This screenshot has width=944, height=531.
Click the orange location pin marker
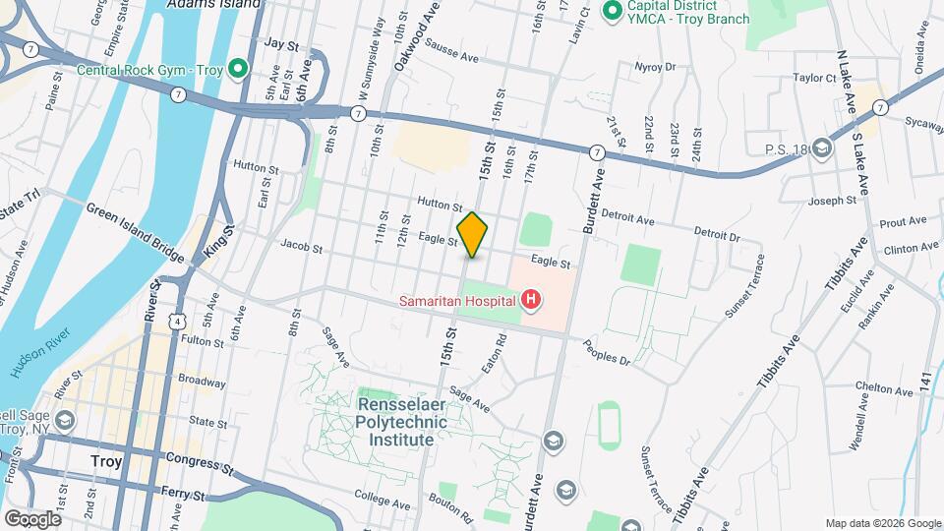pos(472,235)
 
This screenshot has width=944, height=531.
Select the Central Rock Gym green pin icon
pos(237,69)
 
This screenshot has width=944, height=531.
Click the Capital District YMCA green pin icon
pos(611,12)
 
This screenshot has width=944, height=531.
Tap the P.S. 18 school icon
pos(822,148)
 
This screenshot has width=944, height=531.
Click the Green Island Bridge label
pos(135,233)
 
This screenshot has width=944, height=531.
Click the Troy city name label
pos(105,460)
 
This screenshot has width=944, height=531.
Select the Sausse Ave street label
pos(450,58)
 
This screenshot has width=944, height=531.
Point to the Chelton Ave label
pos(852,386)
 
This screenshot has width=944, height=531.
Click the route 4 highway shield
pos(174,320)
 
